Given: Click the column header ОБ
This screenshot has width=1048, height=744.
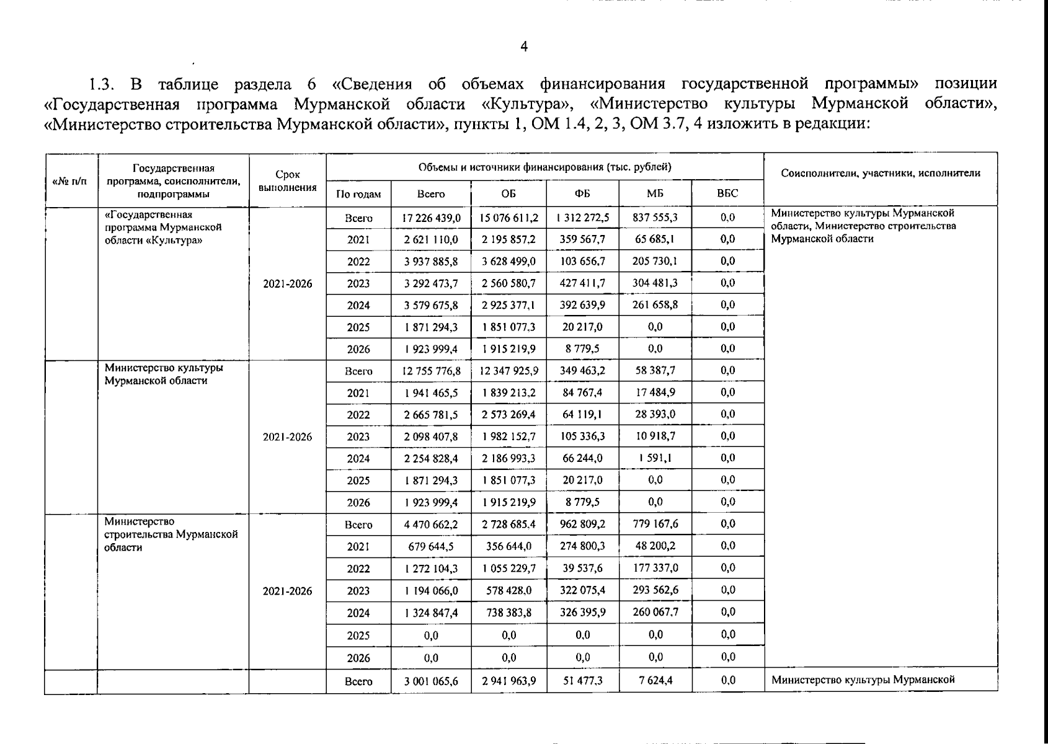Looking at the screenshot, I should pyautogui.click(x=508, y=193).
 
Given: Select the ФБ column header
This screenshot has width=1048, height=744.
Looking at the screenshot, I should pyautogui.click(x=582, y=193).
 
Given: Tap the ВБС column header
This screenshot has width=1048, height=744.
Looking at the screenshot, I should pyautogui.click(x=727, y=193).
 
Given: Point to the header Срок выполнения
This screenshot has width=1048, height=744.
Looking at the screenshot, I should pyautogui.click(x=288, y=181).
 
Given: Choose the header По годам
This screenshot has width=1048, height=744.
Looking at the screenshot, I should pyautogui.click(x=358, y=194).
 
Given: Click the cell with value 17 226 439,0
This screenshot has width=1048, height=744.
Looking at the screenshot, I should pyautogui.click(x=431, y=218).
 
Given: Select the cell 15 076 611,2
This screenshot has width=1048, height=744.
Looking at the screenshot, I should pyautogui.click(x=508, y=218).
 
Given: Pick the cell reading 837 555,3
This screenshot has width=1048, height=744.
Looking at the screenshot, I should pyautogui.click(x=655, y=218).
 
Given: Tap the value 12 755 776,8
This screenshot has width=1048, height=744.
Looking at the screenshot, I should pyautogui.click(x=431, y=371).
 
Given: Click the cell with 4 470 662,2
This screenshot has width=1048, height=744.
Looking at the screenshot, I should pyautogui.click(x=431, y=525).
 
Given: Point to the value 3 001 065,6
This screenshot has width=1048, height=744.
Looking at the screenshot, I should pyautogui.click(x=431, y=681).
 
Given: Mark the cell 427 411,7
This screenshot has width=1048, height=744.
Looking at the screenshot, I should pyautogui.click(x=582, y=283).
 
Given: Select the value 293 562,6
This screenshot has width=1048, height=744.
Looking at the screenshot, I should pyautogui.click(x=655, y=590).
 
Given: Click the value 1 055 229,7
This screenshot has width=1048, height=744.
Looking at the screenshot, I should pyautogui.click(x=508, y=569).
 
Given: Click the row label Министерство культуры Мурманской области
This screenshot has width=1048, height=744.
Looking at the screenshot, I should pyautogui.click(x=164, y=374).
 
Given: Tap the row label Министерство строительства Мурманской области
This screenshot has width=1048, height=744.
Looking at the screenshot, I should pyautogui.click(x=171, y=534).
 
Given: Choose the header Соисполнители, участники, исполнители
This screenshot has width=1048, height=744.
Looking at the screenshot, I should pyautogui.click(x=881, y=174).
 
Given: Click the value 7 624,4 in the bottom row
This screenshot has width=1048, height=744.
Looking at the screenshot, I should pyautogui.click(x=655, y=681).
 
